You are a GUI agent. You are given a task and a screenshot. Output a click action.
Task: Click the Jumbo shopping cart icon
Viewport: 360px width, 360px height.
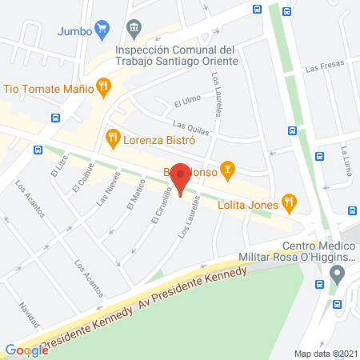click(102, 31)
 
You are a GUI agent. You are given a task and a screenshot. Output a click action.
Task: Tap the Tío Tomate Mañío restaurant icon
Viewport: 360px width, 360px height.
click(102, 86)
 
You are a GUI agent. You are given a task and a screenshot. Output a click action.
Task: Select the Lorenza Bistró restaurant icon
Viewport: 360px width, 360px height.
click(113, 138)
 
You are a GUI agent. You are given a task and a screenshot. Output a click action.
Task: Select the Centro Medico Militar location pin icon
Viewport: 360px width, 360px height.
click(337, 274)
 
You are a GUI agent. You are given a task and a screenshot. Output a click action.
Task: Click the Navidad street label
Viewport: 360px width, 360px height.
click(30, 317)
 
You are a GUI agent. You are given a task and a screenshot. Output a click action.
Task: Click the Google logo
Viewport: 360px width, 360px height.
click(26, 350)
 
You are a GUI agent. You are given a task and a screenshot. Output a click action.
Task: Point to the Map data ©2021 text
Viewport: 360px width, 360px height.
click(325, 353)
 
